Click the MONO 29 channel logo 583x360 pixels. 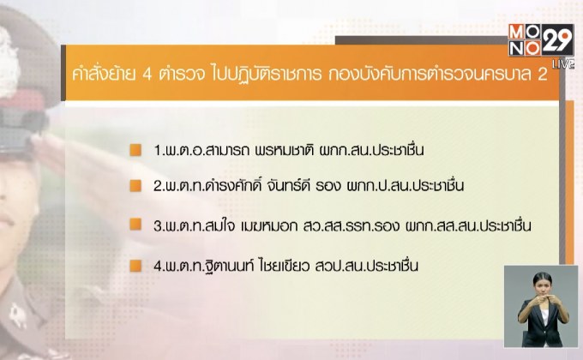pyautogui.click(x=542, y=38)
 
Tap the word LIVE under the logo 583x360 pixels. pyautogui.click(x=562, y=64)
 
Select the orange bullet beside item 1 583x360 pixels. pyautogui.click(x=135, y=150)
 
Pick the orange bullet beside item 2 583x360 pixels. pyautogui.click(x=135, y=186)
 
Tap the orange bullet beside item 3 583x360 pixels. pyautogui.click(x=135, y=225)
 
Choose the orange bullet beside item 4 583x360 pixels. pyautogui.click(x=135, y=264)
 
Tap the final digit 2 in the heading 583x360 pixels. pyautogui.click(x=541, y=75)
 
